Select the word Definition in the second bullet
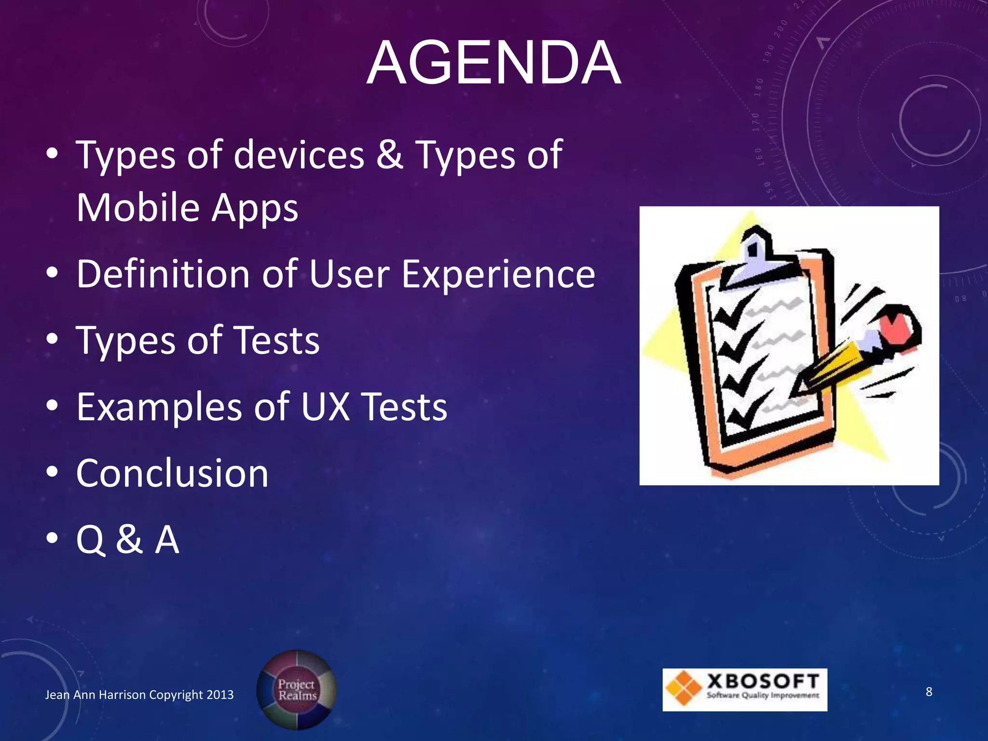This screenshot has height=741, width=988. click(163, 274)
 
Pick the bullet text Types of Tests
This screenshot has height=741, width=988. click(198, 341)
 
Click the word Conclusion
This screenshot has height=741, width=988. click(172, 473)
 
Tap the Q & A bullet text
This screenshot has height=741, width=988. click(128, 539)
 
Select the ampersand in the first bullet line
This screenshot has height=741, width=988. click(390, 155)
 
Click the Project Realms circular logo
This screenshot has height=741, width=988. click(296, 689)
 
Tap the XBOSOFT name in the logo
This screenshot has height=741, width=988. click(763, 682)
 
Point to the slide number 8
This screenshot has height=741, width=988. click(929, 692)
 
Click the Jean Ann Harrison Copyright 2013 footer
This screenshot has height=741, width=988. click(139, 695)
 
